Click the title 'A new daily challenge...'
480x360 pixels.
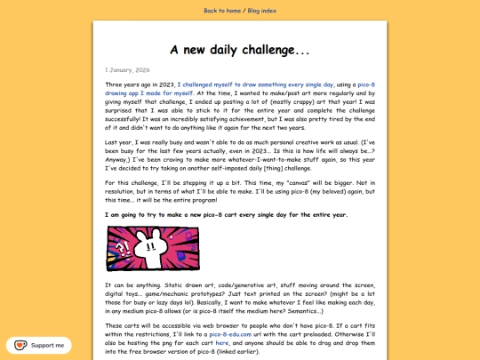pos(240,50)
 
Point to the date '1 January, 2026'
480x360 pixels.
pos(128,68)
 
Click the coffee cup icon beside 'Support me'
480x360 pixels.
pos(19,345)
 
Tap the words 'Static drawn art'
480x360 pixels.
pos(182,285)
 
